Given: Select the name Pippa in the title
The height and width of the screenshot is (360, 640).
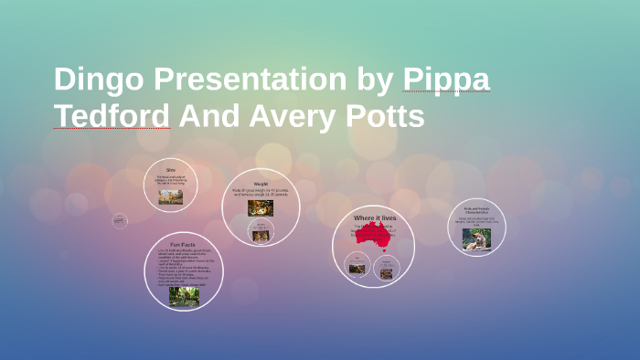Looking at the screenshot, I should [x=446, y=80].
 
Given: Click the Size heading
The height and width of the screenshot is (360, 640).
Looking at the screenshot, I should [x=170, y=170].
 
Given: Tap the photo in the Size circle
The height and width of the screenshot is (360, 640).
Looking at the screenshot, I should [x=170, y=196].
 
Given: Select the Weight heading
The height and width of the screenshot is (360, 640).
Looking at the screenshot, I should [x=261, y=184].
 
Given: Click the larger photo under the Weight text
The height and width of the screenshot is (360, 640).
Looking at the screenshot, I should [x=261, y=208].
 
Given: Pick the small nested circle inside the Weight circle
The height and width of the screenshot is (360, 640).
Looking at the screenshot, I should [x=261, y=233].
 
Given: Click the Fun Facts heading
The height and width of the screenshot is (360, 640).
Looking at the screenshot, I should [x=183, y=245].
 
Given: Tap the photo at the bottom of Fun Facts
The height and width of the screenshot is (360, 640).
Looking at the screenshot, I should [x=184, y=295].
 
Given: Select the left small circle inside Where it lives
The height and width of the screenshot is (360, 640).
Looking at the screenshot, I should [x=357, y=267].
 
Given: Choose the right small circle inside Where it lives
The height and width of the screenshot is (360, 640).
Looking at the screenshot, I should [x=387, y=268].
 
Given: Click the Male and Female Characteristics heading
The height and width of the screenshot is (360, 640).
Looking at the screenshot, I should [x=476, y=210].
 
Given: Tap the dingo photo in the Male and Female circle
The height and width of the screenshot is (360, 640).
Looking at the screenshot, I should [x=476, y=238].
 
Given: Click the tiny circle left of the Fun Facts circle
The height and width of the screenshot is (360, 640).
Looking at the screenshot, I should [x=120, y=220].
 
